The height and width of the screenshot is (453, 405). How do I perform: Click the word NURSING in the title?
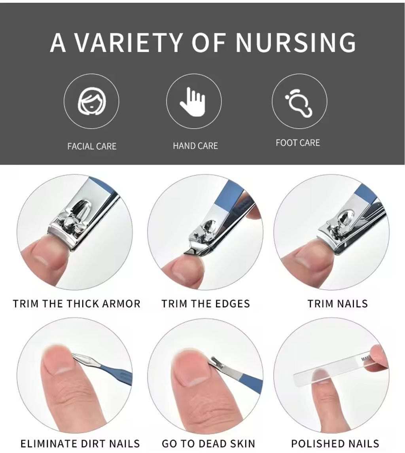pos(296,42)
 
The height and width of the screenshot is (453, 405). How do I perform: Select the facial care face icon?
pos(92,101)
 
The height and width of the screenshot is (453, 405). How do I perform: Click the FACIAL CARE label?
pos(92,146)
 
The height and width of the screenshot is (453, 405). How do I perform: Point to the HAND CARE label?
pos(195,146)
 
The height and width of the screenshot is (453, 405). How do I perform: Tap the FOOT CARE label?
pos(298,143)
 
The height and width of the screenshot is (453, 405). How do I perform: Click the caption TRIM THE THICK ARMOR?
pos(77,303)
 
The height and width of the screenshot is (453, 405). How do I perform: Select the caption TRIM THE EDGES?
pos(206,303)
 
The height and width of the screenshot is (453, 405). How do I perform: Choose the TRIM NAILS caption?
pos(338,303)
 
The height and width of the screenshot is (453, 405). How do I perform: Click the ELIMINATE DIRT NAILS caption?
pos(80,444)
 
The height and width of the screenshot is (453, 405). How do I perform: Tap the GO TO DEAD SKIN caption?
pos(208,444)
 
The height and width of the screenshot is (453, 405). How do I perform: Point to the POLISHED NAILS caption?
pos(335,444)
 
